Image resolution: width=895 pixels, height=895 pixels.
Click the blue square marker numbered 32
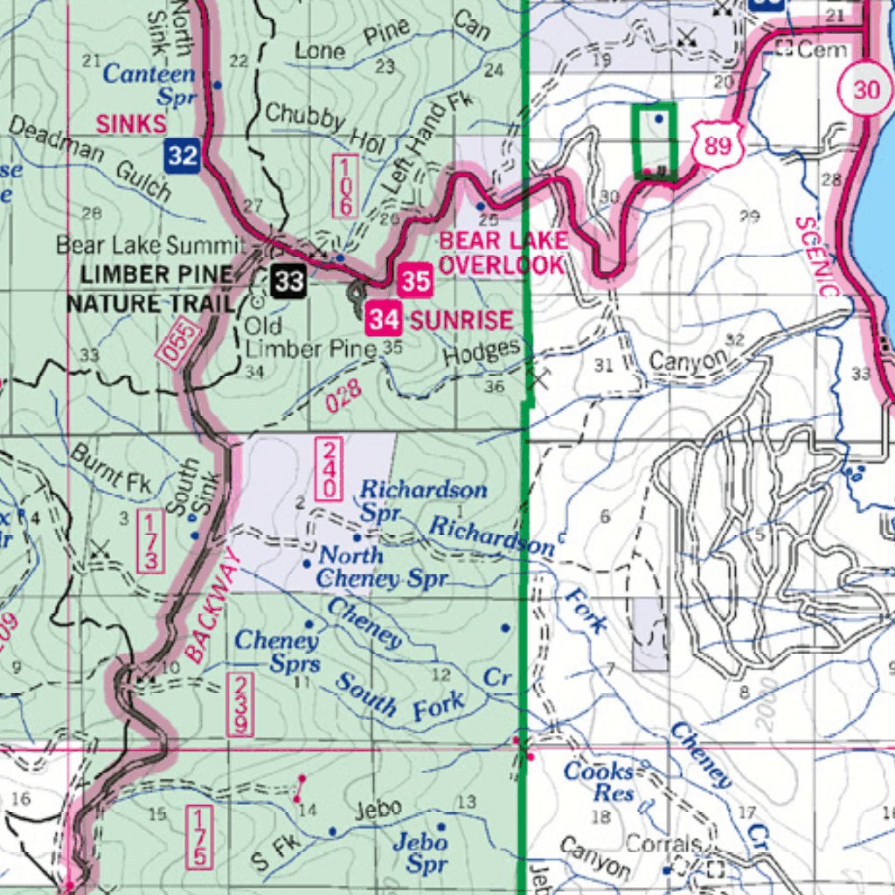(183, 156)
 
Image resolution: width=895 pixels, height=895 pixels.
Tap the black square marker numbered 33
(288, 281)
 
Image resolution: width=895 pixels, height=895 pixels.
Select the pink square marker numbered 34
(384, 319)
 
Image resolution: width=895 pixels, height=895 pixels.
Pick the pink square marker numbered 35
(416, 281)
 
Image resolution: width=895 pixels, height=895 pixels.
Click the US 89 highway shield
(717, 145)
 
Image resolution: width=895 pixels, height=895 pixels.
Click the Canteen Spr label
(150, 85)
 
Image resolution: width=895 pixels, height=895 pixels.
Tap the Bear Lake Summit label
(148, 245)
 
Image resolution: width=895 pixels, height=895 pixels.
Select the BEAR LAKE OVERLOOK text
(503, 253)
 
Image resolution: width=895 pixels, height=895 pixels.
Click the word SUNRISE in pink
(461, 320)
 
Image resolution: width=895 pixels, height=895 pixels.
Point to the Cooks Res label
(599, 781)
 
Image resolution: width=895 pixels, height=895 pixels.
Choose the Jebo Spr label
(420, 852)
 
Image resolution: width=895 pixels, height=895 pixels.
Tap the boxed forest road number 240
(330, 470)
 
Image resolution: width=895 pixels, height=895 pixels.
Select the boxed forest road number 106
(344, 186)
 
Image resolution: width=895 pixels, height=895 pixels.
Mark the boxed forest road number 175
(199, 837)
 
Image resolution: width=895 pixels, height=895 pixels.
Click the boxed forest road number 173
(149, 542)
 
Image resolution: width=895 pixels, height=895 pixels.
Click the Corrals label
(663, 844)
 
